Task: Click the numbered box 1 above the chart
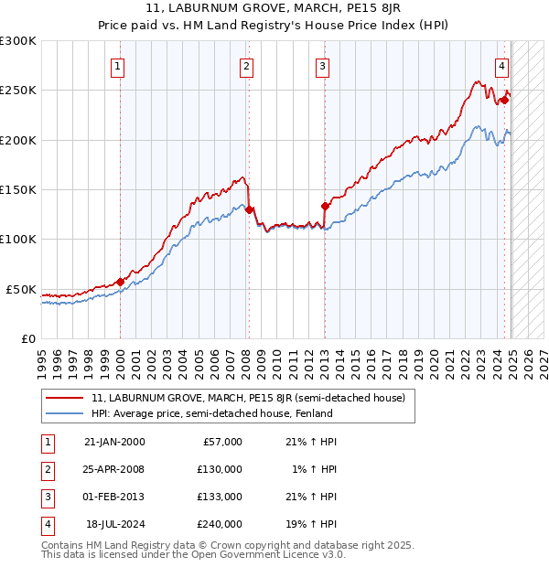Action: pos(120,65)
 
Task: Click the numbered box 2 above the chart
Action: pos(248,65)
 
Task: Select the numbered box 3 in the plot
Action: pos(324,65)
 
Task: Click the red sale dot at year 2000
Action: pos(120,282)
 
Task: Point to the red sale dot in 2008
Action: pos(249,209)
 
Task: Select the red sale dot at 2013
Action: pos(324,206)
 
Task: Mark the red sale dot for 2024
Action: pos(504,101)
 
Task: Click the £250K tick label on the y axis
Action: pos(18,91)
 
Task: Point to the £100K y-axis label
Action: pos(18,239)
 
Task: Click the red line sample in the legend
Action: pos(65,398)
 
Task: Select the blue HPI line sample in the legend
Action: pos(65,414)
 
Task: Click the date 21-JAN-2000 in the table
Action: pos(113,442)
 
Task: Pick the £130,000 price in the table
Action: pos(220,469)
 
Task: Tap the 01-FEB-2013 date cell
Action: pos(113,497)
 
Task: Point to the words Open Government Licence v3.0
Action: pos(274,554)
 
